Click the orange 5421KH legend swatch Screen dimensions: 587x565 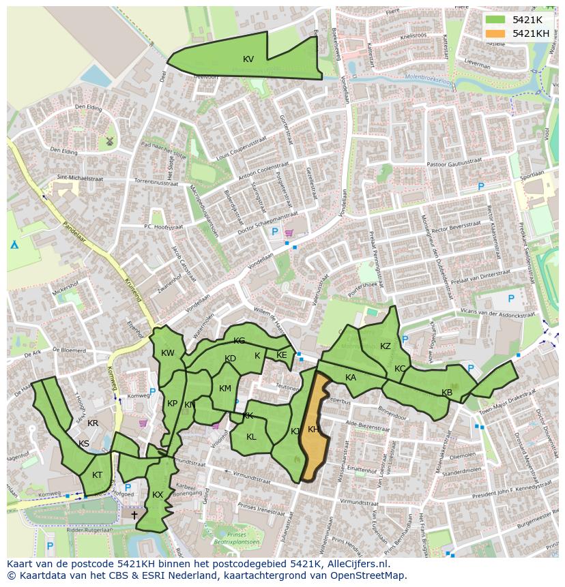click(x=496, y=33)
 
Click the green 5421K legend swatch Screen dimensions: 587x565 click(x=496, y=20)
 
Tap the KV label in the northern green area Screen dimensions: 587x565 click(x=248, y=59)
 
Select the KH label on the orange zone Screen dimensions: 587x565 click(x=313, y=430)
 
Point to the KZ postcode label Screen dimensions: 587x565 click(x=386, y=346)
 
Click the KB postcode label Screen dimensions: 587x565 click(x=447, y=393)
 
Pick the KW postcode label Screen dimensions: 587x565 click(x=168, y=353)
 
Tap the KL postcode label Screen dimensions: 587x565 click(x=251, y=437)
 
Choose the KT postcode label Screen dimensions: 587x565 click(x=98, y=475)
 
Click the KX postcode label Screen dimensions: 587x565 click(x=158, y=495)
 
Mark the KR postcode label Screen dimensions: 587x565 click(x=93, y=423)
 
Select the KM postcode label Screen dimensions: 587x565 click(x=225, y=389)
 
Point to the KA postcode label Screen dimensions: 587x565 click(x=351, y=378)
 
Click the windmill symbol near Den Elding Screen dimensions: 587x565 click(x=108, y=142)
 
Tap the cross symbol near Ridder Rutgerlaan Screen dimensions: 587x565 click(x=134, y=515)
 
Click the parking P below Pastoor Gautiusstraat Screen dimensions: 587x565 click(x=480, y=186)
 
